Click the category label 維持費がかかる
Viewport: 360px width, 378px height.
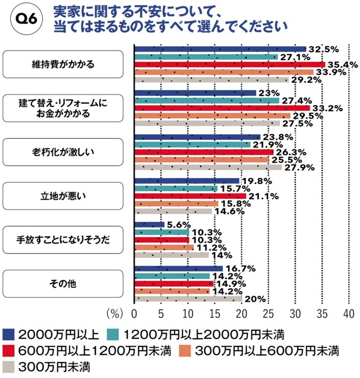tap(63, 64)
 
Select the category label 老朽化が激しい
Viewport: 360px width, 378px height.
tap(63, 151)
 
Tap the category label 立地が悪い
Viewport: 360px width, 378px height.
tap(63, 195)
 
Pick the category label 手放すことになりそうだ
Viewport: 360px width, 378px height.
tap(63, 239)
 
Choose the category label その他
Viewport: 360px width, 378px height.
tap(63, 283)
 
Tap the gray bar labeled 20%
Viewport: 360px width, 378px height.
tap(188, 299)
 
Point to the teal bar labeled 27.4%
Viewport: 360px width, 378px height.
tap(207, 100)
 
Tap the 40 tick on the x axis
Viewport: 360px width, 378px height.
tap(348, 314)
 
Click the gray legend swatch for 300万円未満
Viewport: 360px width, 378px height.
tap(10, 368)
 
